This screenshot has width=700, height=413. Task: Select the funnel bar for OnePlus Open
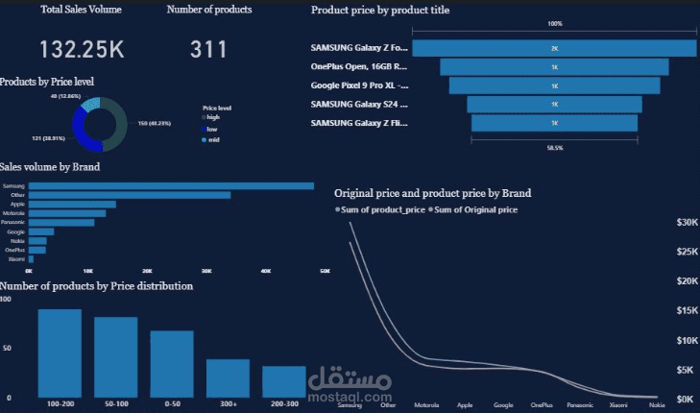554,66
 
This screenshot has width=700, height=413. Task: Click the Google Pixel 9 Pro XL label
359,85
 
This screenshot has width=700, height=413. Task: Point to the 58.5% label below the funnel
554,148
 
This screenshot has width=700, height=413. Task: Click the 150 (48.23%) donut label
155,123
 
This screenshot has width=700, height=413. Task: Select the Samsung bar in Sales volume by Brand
171,185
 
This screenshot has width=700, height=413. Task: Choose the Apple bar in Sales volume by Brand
72,204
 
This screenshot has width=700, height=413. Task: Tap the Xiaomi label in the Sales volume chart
16,259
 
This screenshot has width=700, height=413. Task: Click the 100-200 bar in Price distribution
60,352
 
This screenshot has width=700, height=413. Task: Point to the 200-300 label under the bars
284,403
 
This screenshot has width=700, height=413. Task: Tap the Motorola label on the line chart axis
425,406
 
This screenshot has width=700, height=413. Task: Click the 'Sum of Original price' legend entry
476,209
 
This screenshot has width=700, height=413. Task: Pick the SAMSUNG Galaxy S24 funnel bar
554,104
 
